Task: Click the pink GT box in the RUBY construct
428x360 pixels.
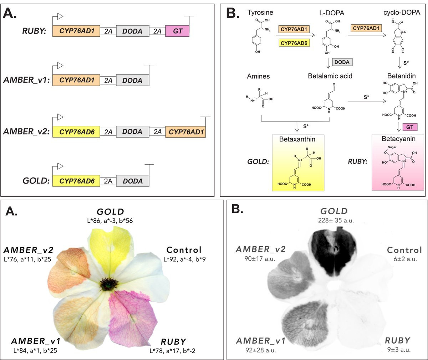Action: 177,31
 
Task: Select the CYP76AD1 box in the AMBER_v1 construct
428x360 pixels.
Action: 76,80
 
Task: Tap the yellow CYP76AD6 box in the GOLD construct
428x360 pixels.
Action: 76,181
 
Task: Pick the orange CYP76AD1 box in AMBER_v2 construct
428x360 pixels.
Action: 185,132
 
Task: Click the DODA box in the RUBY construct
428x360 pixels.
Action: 133,31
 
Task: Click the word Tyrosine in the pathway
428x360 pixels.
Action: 260,12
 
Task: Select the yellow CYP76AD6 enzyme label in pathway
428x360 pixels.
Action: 294,43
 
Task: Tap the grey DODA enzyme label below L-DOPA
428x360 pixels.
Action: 342,62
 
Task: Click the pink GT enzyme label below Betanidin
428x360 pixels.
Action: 409,127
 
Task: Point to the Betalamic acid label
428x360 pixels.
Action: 330,76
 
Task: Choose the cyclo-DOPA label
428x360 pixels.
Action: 402,12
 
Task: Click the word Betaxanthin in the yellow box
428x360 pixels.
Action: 297,139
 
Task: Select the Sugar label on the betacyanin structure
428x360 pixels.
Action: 392,147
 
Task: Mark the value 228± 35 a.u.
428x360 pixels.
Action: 336,220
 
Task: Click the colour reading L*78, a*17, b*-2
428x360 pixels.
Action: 172,351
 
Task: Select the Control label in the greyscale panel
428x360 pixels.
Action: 404,250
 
